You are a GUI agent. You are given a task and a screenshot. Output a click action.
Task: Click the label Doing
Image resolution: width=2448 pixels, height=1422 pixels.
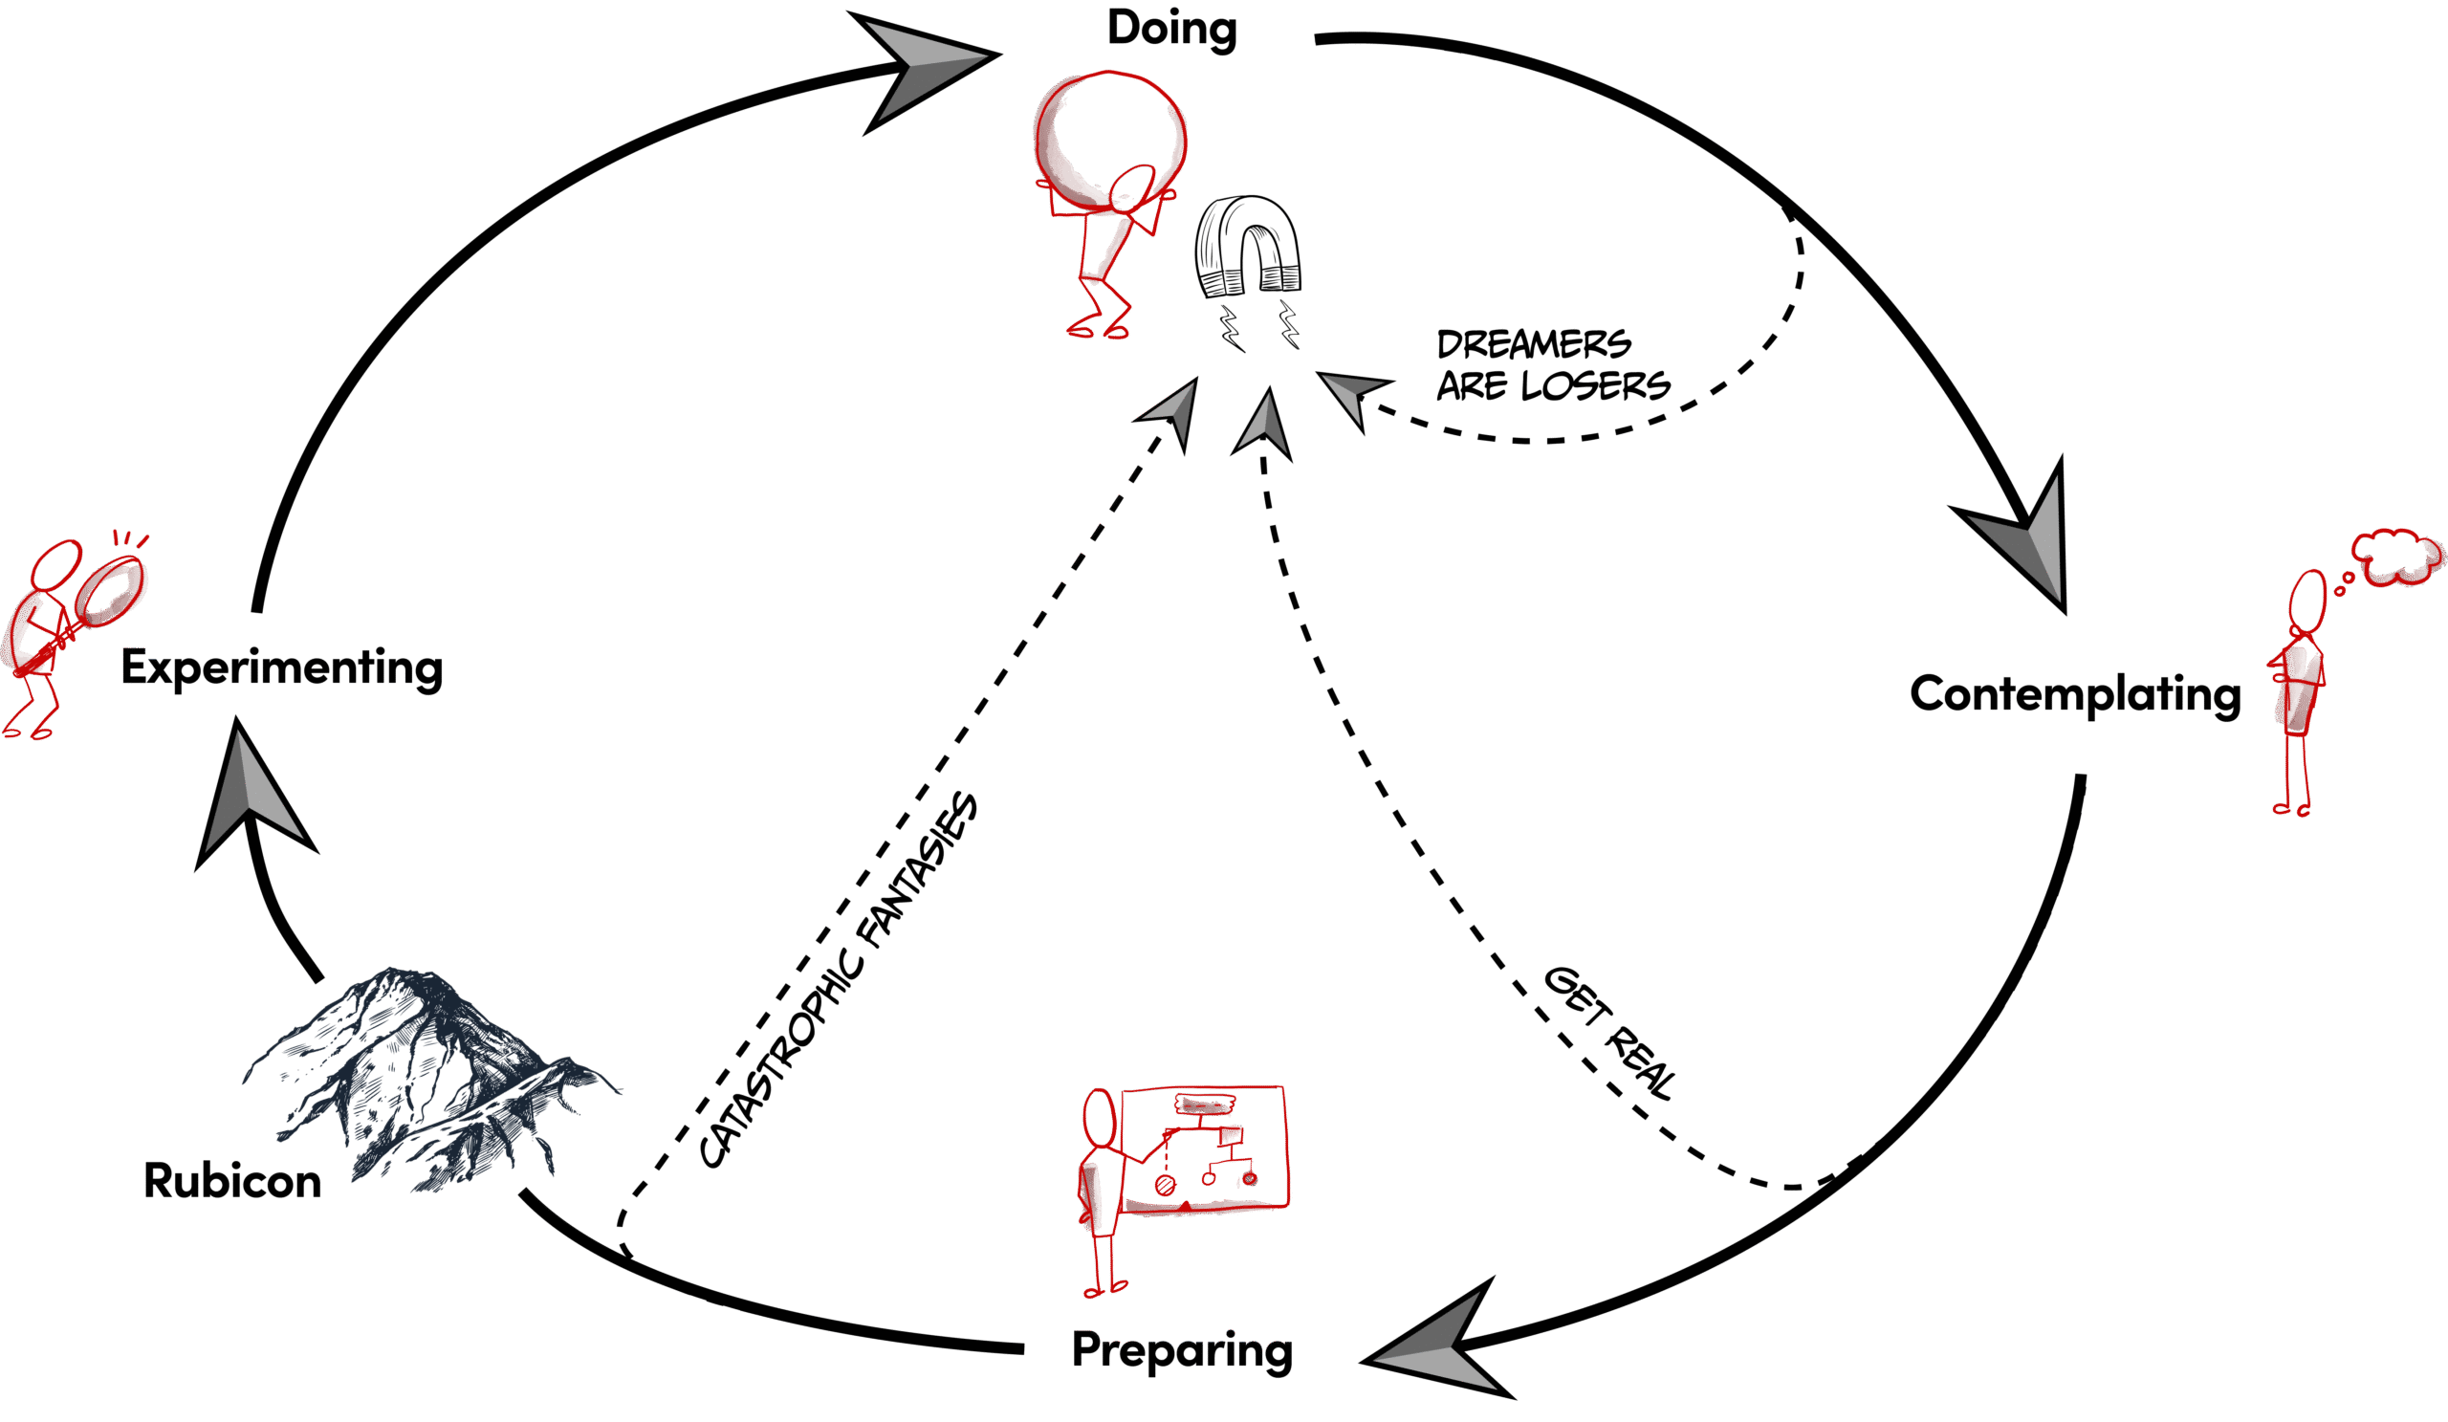pyautogui.click(x=1171, y=27)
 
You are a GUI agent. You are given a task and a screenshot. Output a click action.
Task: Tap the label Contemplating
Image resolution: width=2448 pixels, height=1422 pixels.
pyautogui.click(x=2075, y=694)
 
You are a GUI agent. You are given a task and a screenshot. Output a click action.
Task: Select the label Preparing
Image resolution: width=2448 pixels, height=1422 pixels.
pyautogui.click(x=1181, y=1351)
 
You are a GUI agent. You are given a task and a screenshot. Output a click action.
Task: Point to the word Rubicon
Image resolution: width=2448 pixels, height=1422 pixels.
pyautogui.click(x=232, y=1181)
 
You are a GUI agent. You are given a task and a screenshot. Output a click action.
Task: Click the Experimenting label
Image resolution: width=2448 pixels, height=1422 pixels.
pyautogui.click(x=282, y=668)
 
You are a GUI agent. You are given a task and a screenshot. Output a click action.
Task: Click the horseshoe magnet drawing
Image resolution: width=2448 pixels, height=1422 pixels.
pyautogui.click(x=1247, y=247)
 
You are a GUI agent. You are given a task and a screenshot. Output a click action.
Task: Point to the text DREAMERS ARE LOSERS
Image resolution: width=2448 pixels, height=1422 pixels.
pyautogui.click(x=1552, y=365)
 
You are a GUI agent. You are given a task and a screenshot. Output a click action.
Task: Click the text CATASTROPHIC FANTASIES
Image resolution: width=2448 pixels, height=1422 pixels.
pyautogui.click(x=838, y=981)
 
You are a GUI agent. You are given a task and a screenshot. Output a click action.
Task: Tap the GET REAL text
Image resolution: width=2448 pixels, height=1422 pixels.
pyautogui.click(x=1610, y=1033)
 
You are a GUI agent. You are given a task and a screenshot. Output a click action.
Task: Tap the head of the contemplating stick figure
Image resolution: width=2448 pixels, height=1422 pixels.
pyautogui.click(x=2307, y=601)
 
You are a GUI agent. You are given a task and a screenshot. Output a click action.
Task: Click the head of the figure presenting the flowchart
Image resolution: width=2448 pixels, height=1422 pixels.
pyautogui.click(x=1100, y=1119)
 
